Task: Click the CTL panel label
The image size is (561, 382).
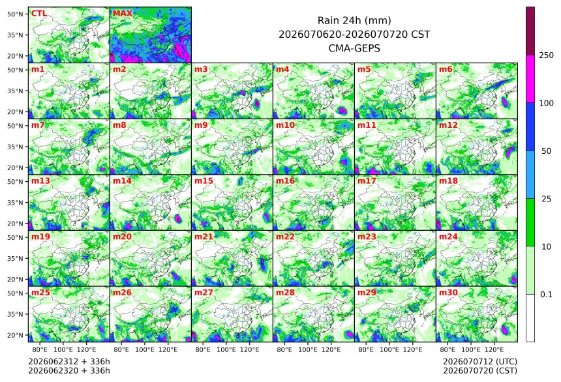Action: (38, 14)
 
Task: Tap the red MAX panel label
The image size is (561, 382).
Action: (123, 14)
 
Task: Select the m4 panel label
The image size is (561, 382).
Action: (282, 69)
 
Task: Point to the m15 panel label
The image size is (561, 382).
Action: (204, 181)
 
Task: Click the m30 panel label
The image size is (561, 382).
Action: (448, 292)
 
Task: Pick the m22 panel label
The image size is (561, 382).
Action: (285, 237)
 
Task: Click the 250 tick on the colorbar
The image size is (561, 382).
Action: (546, 55)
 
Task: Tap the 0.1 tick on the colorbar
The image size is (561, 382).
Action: (546, 295)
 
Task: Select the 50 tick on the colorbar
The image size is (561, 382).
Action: (546, 151)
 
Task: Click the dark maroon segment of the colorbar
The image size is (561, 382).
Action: (530, 31)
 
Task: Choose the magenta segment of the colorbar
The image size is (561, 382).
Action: (530, 79)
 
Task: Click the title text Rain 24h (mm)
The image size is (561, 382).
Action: (354, 20)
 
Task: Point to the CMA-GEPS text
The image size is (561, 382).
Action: (354, 48)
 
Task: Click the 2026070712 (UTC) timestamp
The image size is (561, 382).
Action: (480, 362)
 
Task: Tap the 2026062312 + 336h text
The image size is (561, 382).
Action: (69, 362)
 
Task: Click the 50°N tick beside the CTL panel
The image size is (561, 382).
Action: (15, 14)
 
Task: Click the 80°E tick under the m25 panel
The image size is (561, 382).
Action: (40, 349)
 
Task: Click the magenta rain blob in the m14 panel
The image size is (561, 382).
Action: (178, 218)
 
